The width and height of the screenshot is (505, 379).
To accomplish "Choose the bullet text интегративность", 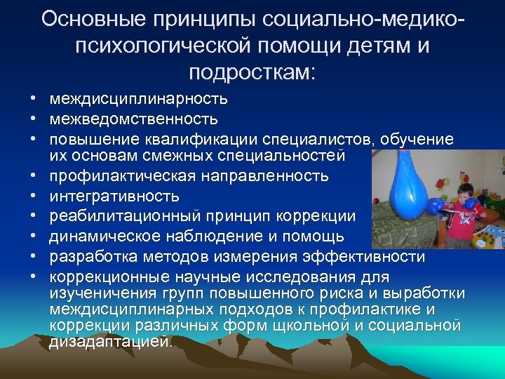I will (114, 196).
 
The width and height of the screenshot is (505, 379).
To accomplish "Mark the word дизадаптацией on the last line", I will (109, 343).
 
